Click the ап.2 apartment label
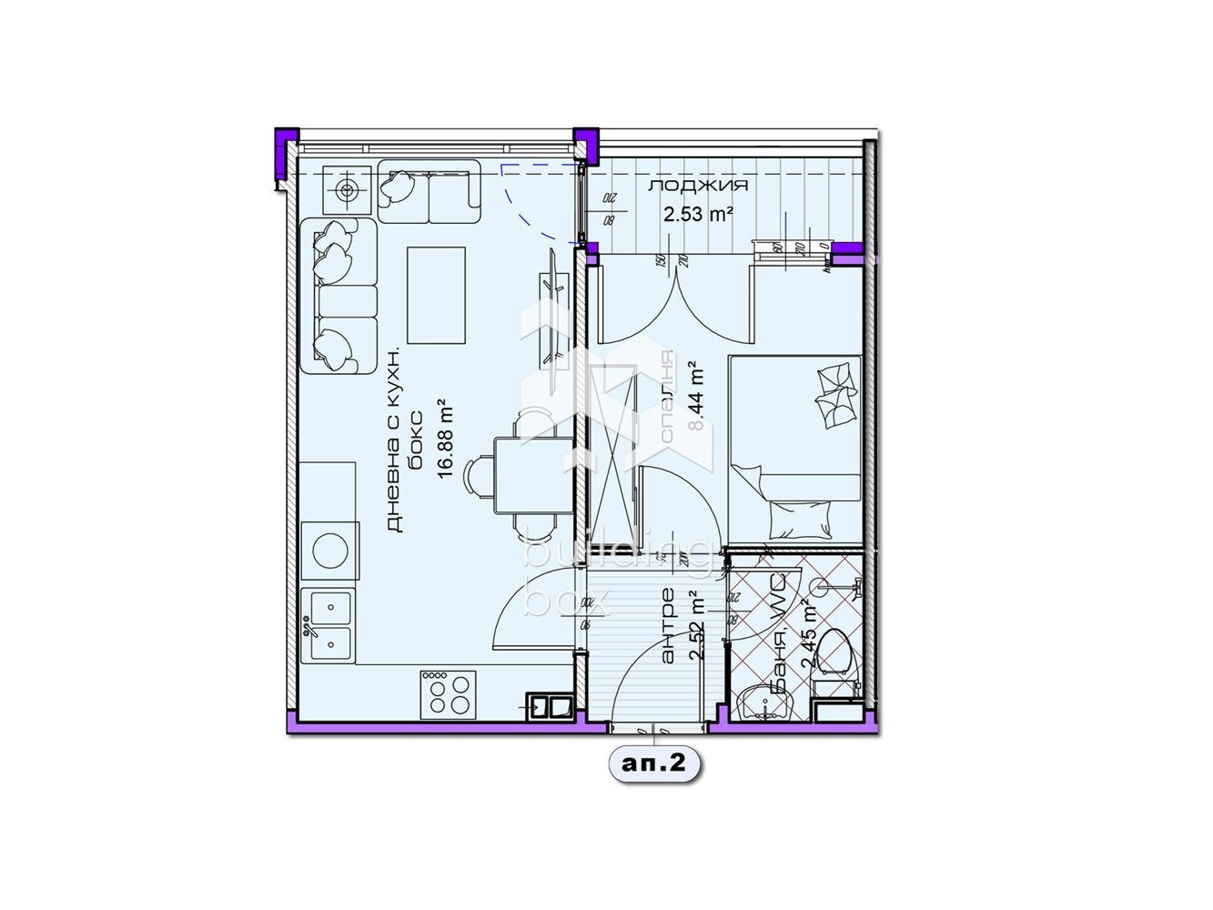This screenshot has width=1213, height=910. coord(653,765)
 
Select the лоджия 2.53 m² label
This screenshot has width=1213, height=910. coord(698,200)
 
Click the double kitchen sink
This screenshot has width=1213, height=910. coord(328,624)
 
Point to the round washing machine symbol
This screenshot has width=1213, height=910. coord(328,550)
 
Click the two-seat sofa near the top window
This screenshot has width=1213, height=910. coord(429,191)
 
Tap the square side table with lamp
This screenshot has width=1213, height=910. coord(346,190)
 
